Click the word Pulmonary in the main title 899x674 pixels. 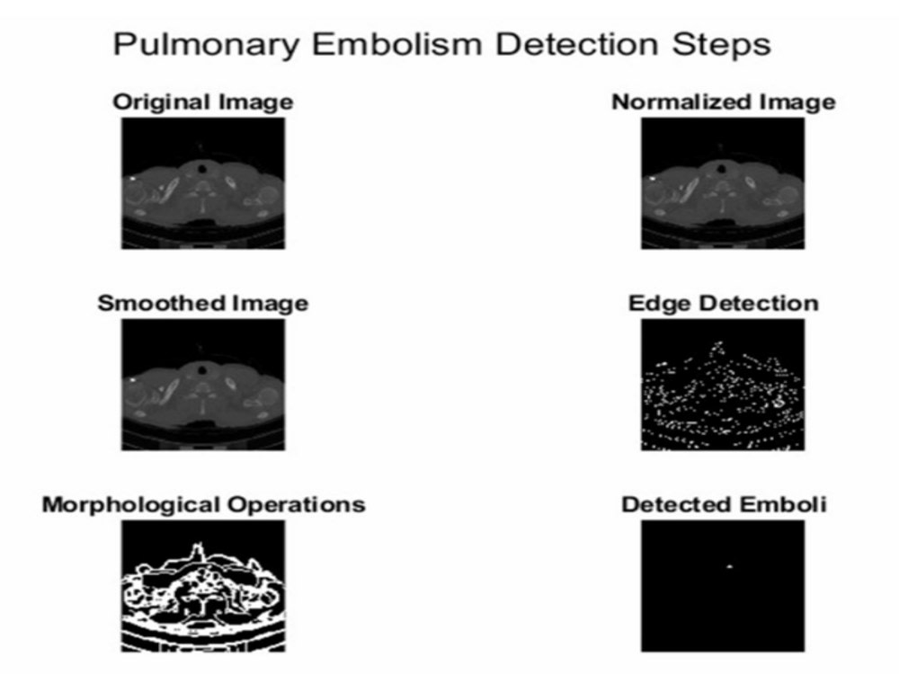point(205,45)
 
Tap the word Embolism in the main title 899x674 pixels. point(396,44)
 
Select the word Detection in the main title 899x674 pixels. point(576,44)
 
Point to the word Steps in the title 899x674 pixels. point(721,45)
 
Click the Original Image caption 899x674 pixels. point(203,102)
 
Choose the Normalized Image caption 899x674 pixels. point(724,102)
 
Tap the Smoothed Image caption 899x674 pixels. point(203,303)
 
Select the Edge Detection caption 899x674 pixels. point(724,303)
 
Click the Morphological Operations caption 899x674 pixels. point(203,505)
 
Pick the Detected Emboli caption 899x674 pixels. point(724,504)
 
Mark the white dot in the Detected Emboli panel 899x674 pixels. point(730,567)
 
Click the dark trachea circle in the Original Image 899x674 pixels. point(201,169)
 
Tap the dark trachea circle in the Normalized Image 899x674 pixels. point(722,169)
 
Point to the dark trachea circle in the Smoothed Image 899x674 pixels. point(201,370)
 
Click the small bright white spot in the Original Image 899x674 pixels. point(132,179)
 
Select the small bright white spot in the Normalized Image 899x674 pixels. point(653,179)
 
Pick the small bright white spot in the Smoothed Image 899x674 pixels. point(132,380)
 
